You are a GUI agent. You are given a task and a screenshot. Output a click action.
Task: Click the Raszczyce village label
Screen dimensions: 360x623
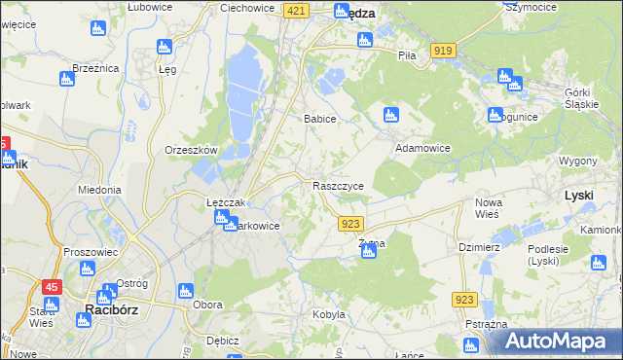pyautogui.click(x=339, y=185)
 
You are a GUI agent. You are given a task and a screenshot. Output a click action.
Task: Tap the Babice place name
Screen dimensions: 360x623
pyautogui.click(x=320, y=119)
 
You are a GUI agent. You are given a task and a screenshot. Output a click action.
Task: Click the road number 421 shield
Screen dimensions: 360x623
pyautogui.click(x=298, y=10)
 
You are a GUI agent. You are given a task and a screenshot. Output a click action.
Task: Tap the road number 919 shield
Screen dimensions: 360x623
pyautogui.click(x=443, y=50)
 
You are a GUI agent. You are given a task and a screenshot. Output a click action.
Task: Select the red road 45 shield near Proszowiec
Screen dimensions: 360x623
pyautogui.click(x=51, y=287)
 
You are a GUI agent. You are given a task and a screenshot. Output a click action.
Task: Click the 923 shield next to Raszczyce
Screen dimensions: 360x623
pyautogui.click(x=351, y=224)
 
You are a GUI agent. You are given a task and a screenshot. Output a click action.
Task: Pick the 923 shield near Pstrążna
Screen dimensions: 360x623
pyautogui.click(x=464, y=302)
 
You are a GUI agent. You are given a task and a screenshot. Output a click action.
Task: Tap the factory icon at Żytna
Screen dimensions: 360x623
pyautogui.click(x=369, y=252)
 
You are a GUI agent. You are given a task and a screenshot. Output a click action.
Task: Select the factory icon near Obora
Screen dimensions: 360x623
pyautogui.click(x=185, y=290)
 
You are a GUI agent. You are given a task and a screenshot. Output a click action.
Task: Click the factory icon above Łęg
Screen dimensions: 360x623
pyautogui.click(x=164, y=46)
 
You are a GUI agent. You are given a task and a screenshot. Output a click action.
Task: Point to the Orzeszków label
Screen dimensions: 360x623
pyautogui.click(x=190, y=150)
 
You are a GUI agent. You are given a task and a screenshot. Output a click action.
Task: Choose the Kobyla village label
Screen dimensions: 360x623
pyautogui.click(x=329, y=314)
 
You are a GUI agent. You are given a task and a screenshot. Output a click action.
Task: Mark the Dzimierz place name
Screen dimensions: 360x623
pyautogui.click(x=479, y=247)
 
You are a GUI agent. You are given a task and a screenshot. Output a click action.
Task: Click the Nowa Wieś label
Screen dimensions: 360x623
pyautogui.click(x=489, y=208)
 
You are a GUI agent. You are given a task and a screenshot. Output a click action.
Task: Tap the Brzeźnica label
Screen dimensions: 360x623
pyautogui.click(x=95, y=68)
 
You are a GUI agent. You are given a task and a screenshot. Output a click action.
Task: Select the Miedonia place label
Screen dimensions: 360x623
pyautogui.click(x=99, y=190)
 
